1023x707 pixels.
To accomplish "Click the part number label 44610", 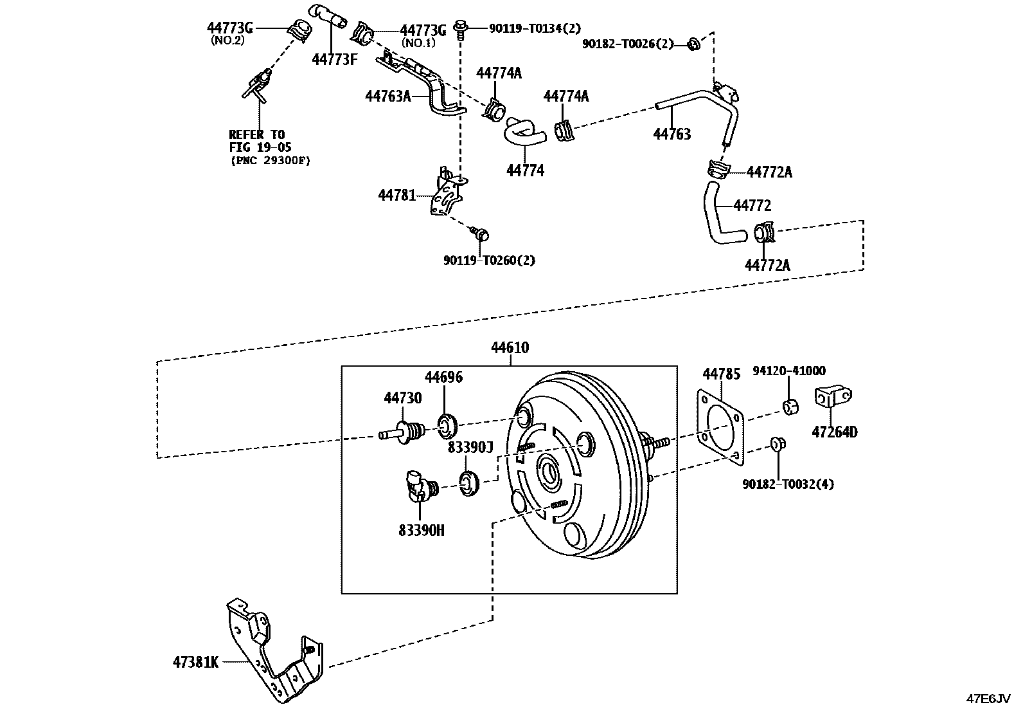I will (510, 348).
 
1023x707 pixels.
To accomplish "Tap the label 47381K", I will (195, 662).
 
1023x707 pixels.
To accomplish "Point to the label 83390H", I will (422, 530).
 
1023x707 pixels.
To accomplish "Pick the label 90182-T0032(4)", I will (788, 484).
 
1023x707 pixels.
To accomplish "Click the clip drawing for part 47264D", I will (833, 397).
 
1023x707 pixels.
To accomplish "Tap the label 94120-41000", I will (789, 371).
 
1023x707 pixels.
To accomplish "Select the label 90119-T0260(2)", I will (489, 261).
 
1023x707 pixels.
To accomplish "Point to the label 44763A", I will (387, 96).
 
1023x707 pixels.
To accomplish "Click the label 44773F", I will (334, 59).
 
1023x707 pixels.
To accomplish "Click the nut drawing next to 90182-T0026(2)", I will (693, 44).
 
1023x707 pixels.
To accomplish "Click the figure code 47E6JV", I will (990, 698).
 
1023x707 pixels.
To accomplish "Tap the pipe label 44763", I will (672, 134).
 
